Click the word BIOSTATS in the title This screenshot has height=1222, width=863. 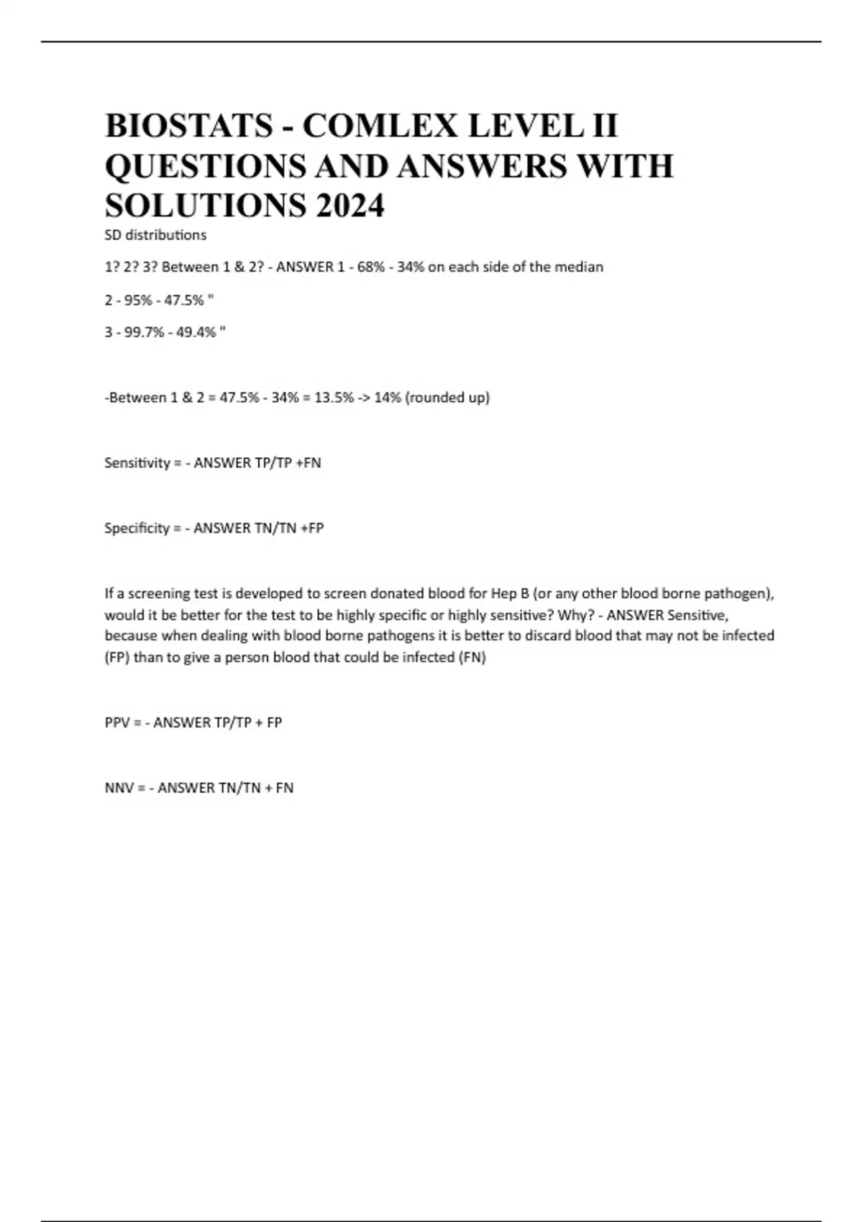(x=189, y=127)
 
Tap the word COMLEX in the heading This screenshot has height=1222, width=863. (x=379, y=127)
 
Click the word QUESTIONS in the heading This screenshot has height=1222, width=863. (x=198, y=167)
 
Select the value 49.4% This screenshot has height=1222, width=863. (x=196, y=332)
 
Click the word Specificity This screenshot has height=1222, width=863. (x=137, y=528)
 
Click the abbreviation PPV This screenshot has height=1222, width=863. (x=117, y=722)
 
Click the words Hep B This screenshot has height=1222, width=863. (x=510, y=594)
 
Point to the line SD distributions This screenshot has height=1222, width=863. (x=155, y=235)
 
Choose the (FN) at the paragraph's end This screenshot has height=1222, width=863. (x=472, y=657)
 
